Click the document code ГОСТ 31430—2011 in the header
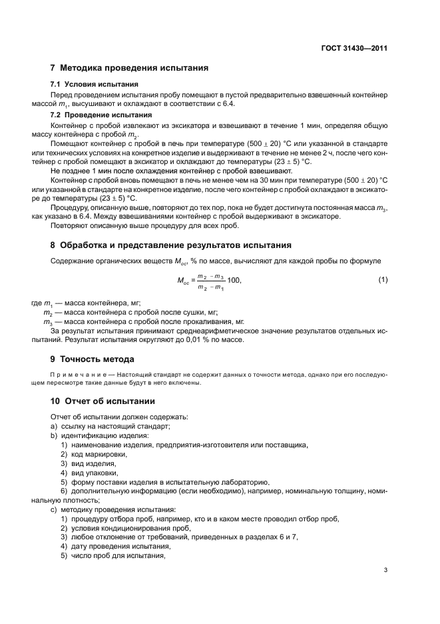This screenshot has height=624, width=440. (355, 48)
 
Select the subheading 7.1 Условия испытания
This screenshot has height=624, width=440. (95, 85)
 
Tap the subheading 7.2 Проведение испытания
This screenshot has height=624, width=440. (100, 114)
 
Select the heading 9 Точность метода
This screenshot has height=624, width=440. (97, 359)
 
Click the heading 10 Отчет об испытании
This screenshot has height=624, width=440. (103, 401)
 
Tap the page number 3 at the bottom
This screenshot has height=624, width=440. (385, 570)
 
